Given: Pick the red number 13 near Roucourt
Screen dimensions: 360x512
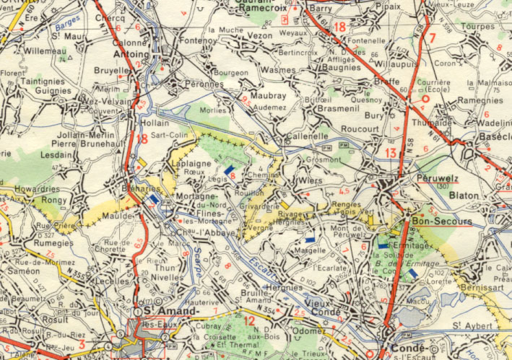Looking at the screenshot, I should (391, 152).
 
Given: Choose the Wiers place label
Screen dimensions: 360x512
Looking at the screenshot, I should (311, 180).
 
